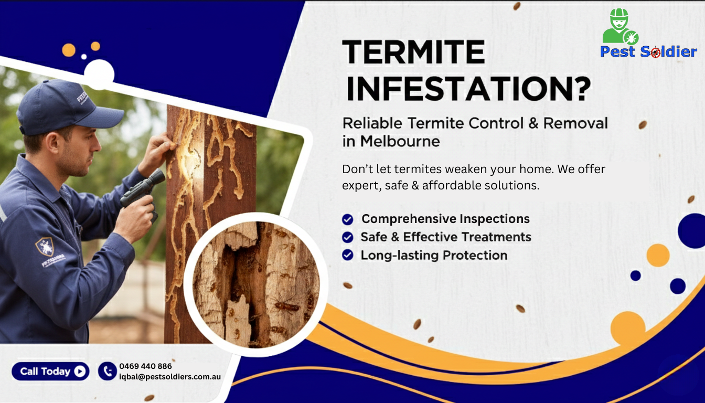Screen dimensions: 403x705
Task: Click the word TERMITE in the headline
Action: pos(413,52)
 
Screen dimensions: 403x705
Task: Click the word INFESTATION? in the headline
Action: pos(468,89)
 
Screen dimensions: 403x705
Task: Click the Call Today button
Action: pos(50,372)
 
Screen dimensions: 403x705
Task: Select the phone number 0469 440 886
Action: pos(145,366)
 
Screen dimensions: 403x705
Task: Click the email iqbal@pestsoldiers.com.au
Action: pos(170,377)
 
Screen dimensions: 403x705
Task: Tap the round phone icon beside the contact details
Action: pos(107,372)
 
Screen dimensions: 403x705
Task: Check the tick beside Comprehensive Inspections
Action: pos(347,219)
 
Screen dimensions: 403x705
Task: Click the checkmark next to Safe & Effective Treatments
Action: pos(347,238)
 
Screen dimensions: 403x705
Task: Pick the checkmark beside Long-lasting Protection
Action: pos(347,256)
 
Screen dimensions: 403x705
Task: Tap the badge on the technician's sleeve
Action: pos(45,246)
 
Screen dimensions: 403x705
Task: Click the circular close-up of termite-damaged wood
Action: pos(256,283)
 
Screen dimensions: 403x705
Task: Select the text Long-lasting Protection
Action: pos(434,256)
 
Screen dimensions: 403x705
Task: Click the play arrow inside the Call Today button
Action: pos(80,372)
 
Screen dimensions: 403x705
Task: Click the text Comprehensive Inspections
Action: pos(445,219)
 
